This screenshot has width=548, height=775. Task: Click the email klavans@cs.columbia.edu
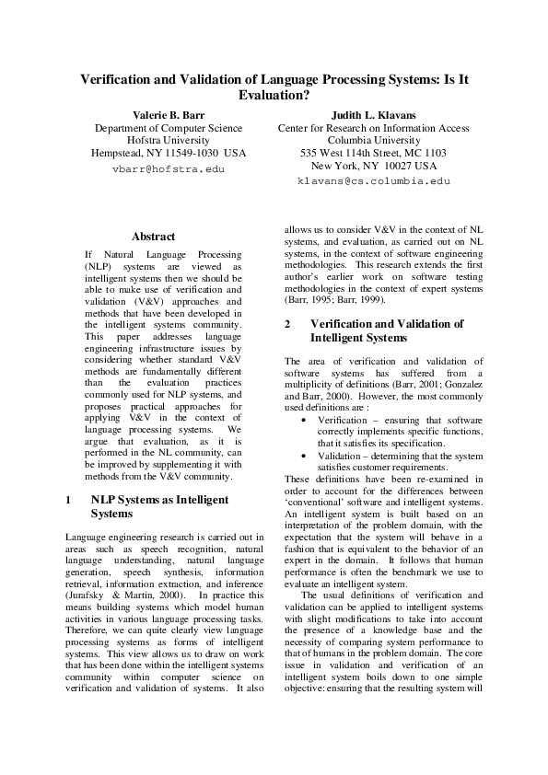(373, 182)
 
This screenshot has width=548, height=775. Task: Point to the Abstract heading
(154, 237)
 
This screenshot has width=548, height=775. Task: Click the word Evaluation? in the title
(274, 95)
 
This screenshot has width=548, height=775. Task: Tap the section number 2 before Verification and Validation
(288, 324)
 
